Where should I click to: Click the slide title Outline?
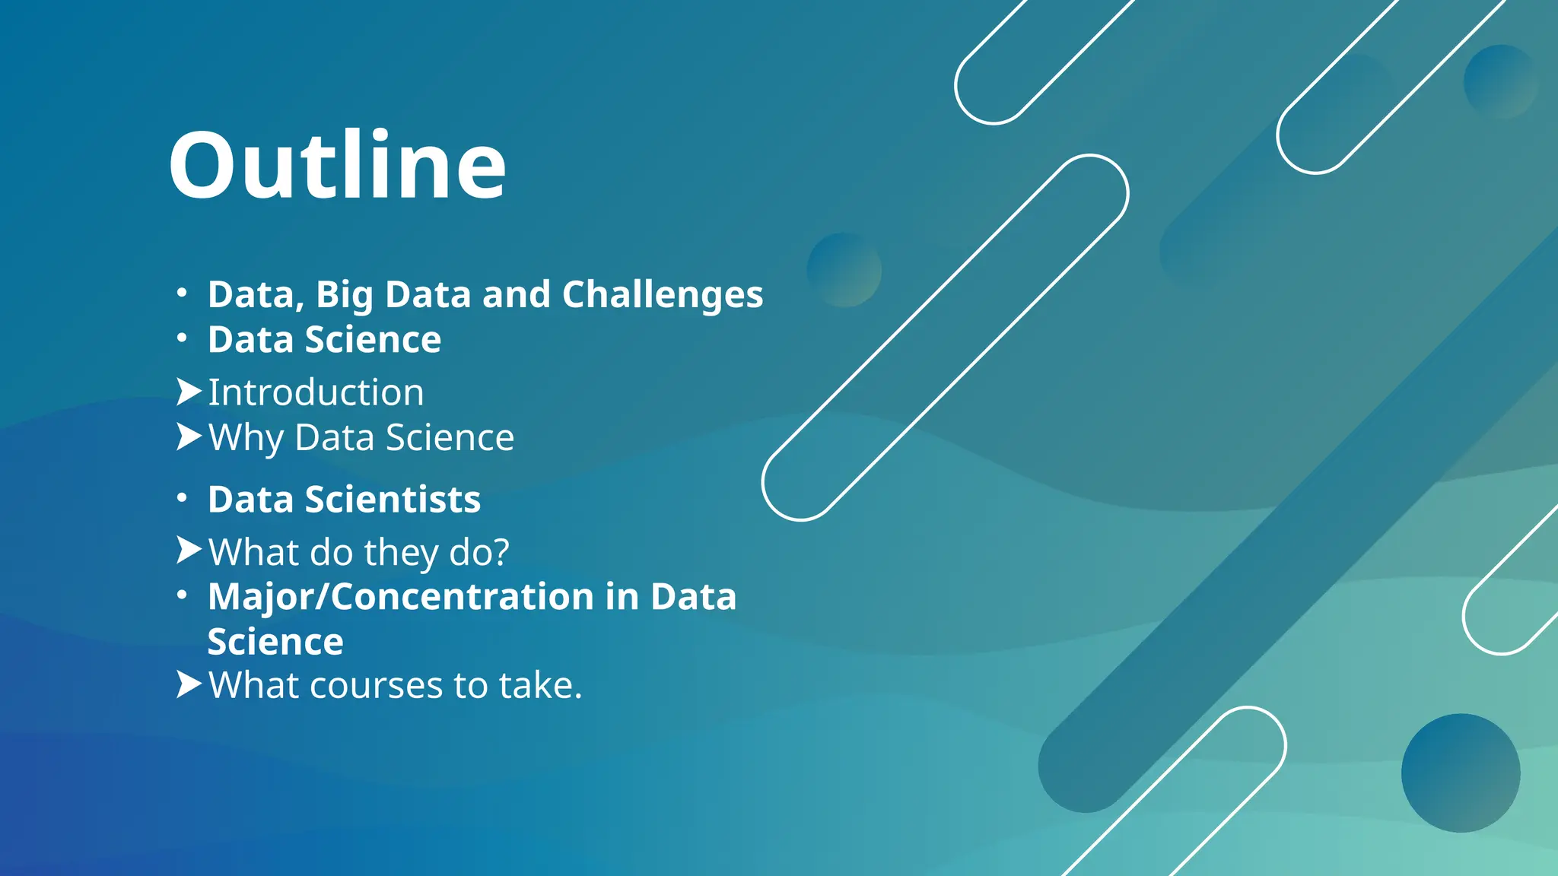337,165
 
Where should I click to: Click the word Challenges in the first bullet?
662,295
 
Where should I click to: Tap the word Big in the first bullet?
344,295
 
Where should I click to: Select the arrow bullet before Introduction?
188,392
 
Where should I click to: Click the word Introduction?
316,393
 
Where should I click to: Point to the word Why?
246,438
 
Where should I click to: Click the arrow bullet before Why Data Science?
188,436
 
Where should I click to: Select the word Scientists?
393,500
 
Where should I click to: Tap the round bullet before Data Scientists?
181,498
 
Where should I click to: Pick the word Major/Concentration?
400,596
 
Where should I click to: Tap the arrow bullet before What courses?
188,684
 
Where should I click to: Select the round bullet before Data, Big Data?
181,293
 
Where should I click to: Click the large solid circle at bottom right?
1461,773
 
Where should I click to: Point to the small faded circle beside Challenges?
844,270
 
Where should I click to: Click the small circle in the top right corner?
1500,81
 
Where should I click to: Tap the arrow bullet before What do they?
188,550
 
